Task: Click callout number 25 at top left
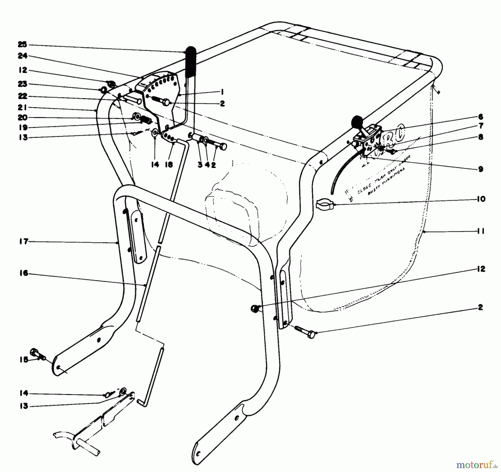22,45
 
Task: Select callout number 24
22,56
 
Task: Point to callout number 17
24,242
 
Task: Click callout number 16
24,273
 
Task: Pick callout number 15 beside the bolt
24,360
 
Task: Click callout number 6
481,117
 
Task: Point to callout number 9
481,169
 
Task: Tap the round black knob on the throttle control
356,122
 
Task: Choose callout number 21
22,108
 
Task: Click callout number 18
169,165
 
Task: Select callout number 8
481,137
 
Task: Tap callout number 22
22,96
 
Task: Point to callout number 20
22,117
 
